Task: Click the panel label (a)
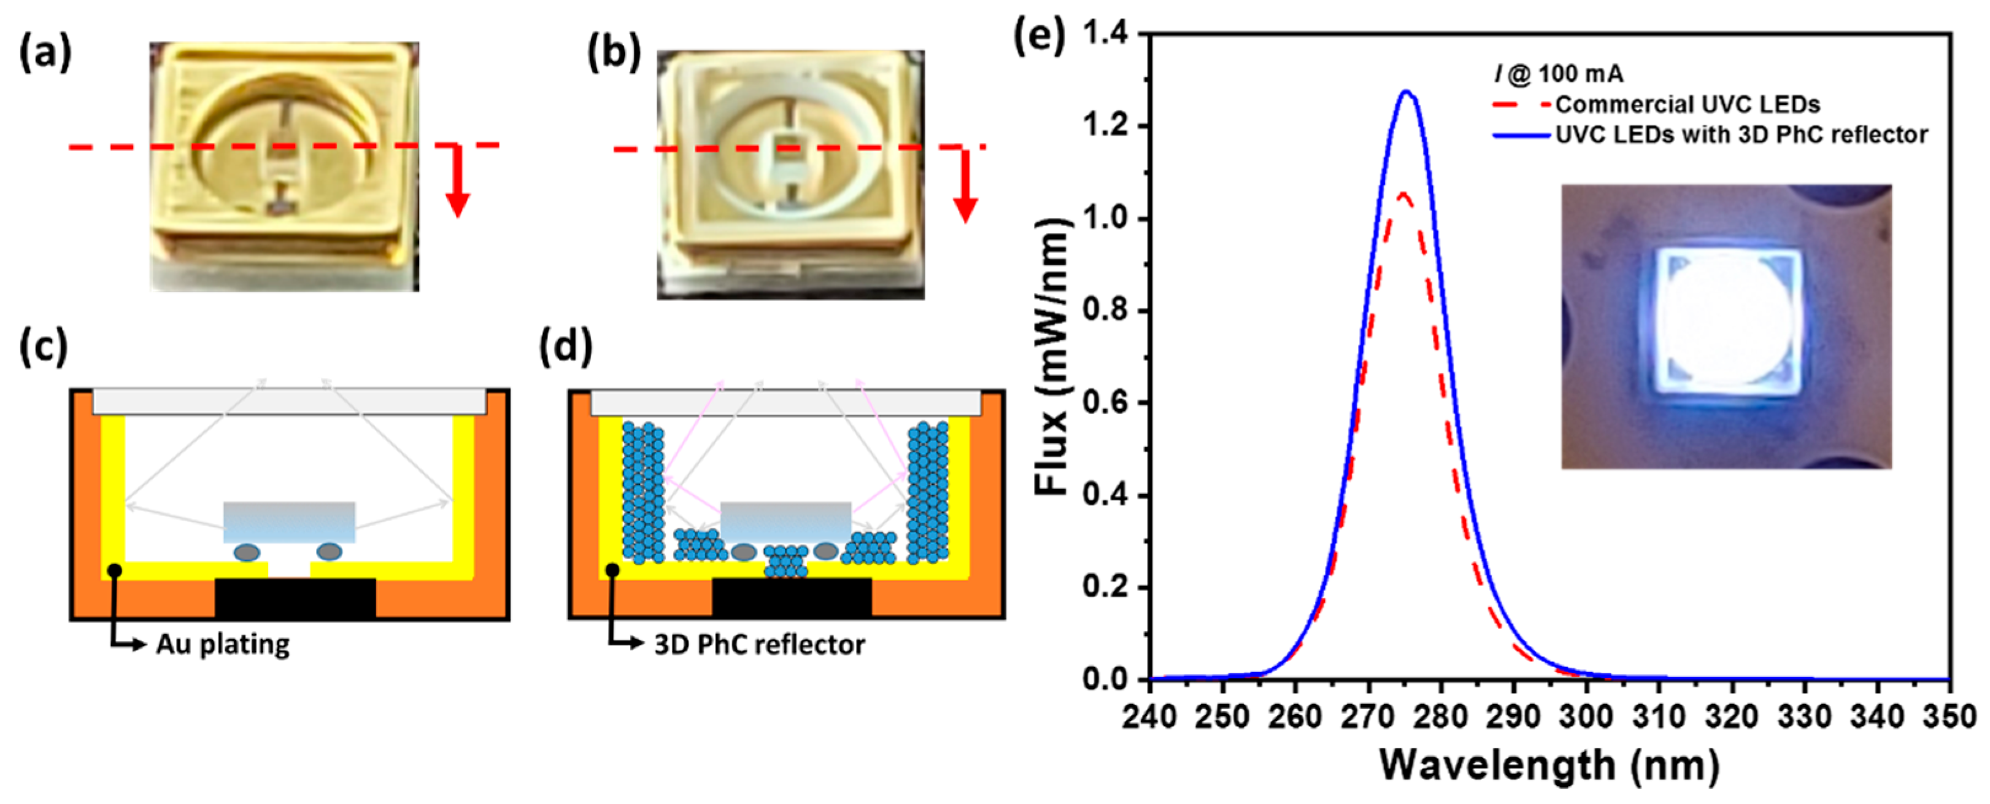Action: click(x=45, y=54)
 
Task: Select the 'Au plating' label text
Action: click(x=223, y=644)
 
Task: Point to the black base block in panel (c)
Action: click(x=295, y=598)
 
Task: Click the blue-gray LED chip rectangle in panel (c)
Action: click(x=289, y=522)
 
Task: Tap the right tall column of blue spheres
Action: click(x=928, y=492)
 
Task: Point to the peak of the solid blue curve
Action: click(x=1406, y=92)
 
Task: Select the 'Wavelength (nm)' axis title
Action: click(x=1549, y=765)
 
